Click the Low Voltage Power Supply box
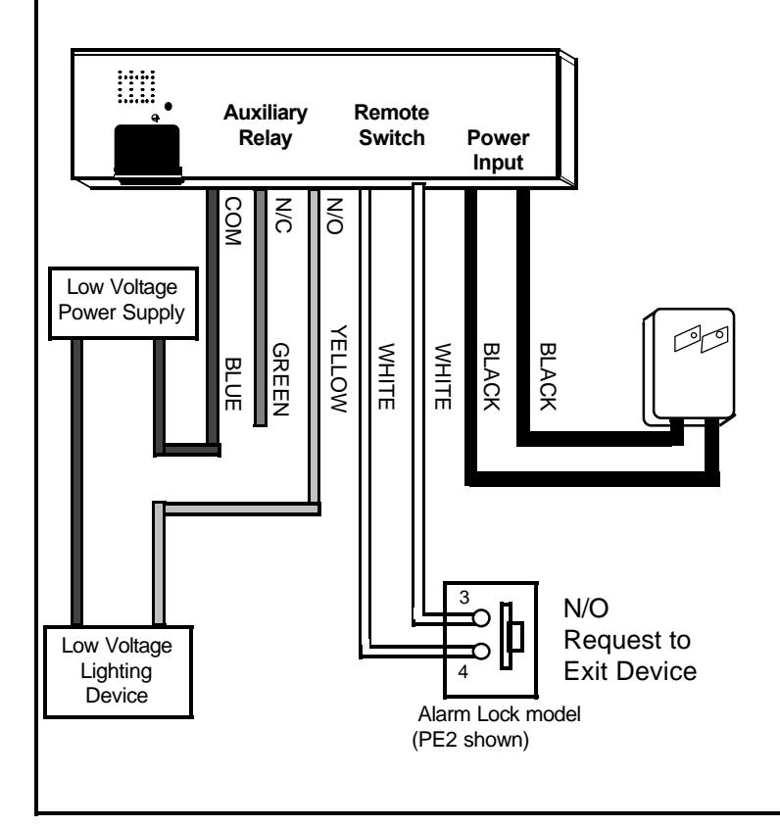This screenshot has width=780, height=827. (123, 304)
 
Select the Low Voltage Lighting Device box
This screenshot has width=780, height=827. (119, 671)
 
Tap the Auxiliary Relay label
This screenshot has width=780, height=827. (266, 125)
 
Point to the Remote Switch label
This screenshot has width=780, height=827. (391, 125)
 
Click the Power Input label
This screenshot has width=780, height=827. (498, 150)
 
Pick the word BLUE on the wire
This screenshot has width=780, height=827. (233, 384)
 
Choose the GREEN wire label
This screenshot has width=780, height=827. (280, 379)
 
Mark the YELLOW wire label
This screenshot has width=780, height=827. (339, 368)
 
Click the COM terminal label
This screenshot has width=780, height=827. (233, 221)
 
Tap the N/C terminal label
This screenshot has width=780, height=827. (283, 216)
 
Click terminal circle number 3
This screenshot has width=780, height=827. (481, 617)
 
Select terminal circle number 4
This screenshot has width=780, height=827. (481, 652)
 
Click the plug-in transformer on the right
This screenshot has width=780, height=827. (689, 367)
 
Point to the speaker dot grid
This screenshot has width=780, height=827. (136, 86)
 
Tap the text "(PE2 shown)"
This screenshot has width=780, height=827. (470, 739)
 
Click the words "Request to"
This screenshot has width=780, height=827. (627, 640)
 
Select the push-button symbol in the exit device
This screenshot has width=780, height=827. (512, 636)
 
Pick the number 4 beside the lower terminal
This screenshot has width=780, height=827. (463, 671)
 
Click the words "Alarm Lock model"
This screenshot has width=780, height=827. (499, 714)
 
